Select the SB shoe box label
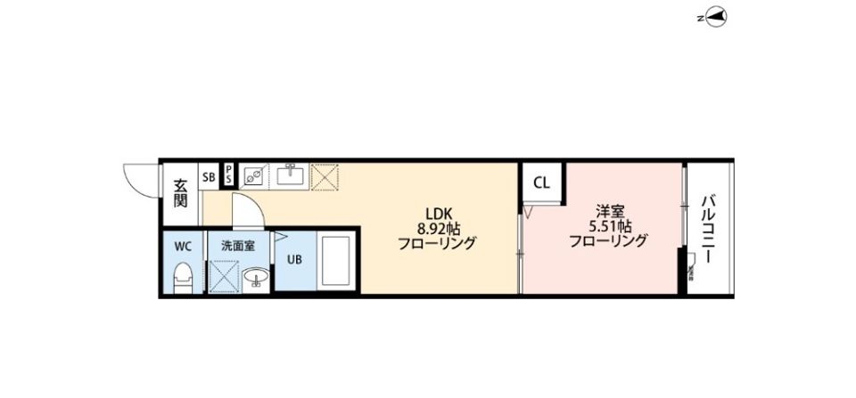click(209, 177)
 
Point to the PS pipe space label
click(228, 175)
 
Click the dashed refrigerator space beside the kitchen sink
click(325, 177)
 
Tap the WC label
click(183, 244)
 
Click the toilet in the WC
click(183, 278)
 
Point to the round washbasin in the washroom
click(256, 278)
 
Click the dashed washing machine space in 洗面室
click(223, 276)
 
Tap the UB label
click(295, 261)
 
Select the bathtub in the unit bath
click(337, 261)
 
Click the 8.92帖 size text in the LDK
click(439, 227)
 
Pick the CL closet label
click(541, 184)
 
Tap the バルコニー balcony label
click(708, 229)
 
